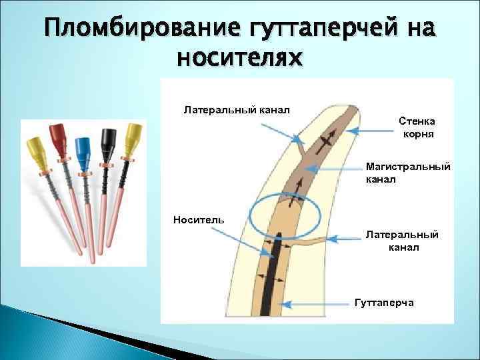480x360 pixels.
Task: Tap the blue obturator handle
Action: [83, 148]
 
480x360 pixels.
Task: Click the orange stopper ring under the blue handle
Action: [85, 174]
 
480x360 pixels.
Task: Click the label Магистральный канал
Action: [408, 173]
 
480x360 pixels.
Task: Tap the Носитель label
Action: [199, 219]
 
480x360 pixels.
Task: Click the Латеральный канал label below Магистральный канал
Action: [402, 241]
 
